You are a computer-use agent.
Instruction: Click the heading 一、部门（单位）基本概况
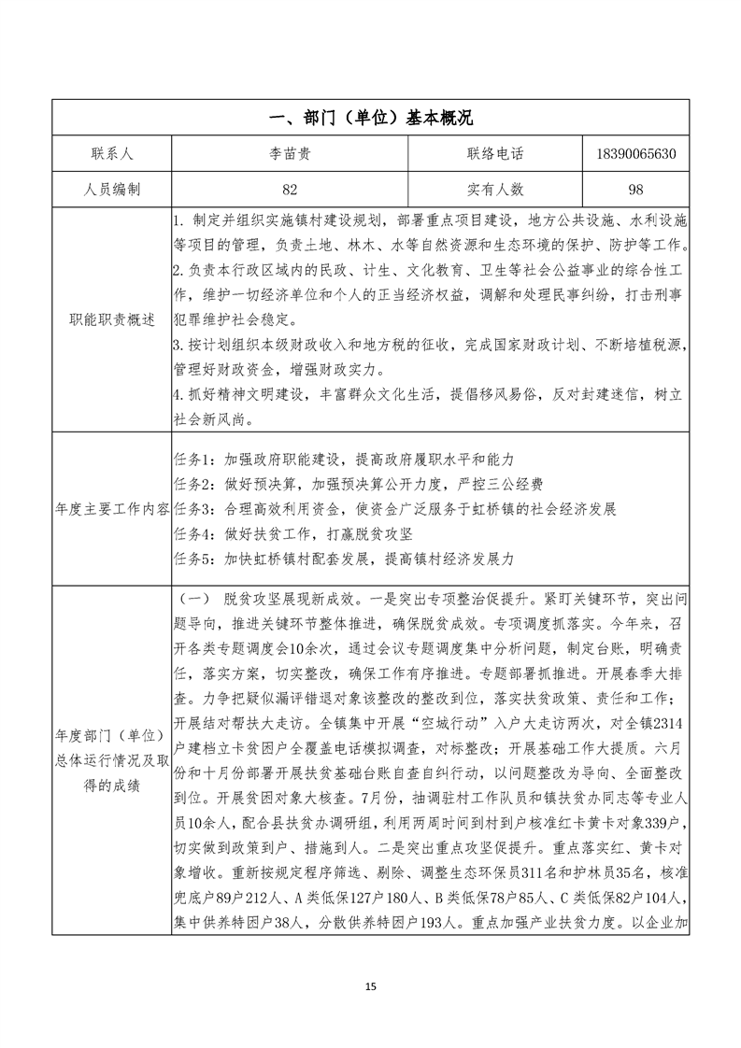tap(370, 118)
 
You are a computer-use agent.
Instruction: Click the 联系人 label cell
tap(111, 153)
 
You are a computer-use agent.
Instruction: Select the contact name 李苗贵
tap(290, 153)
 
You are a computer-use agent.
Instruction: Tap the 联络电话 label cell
tap(494, 153)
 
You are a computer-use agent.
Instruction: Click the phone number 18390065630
tap(635, 153)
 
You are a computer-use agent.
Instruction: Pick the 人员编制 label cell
tap(111, 189)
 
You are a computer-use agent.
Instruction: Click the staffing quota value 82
tap(290, 189)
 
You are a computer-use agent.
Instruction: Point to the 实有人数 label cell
tap(494, 189)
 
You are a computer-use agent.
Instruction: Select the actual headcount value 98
tap(635, 189)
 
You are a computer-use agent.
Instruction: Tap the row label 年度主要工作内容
tap(111, 509)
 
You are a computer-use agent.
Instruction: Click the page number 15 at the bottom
tap(370, 986)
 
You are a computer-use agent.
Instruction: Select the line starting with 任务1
tap(345, 460)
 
